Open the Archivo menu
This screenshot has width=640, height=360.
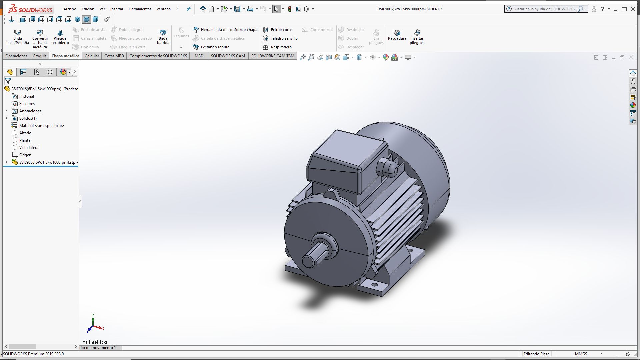pyautogui.click(x=70, y=9)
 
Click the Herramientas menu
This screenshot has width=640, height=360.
pyautogui.click(x=140, y=9)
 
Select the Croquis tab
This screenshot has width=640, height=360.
pyautogui.click(x=39, y=56)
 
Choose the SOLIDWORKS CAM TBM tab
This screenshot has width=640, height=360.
pyautogui.click(x=272, y=56)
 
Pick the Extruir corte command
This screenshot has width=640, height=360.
pyautogui.click(x=281, y=30)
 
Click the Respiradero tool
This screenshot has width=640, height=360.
pyautogui.click(x=281, y=47)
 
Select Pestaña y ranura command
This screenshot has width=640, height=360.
pyautogui.click(x=215, y=47)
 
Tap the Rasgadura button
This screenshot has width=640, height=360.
pyautogui.click(x=397, y=35)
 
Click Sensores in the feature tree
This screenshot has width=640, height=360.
pyautogui.click(x=27, y=104)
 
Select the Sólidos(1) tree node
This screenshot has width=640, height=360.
pyautogui.click(x=28, y=118)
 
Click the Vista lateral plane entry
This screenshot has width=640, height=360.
pyautogui.click(x=29, y=148)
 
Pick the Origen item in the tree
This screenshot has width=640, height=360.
pyautogui.click(x=25, y=155)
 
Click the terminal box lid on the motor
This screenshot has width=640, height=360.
pyautogui.click(x=347, y=147)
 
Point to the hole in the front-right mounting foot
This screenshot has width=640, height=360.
pyautogui.click(x=375, y=285)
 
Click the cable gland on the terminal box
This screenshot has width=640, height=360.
pyautogui.click(x=387, y=167)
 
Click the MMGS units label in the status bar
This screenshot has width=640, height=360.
pyautogui.click(x=581, y=354)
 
